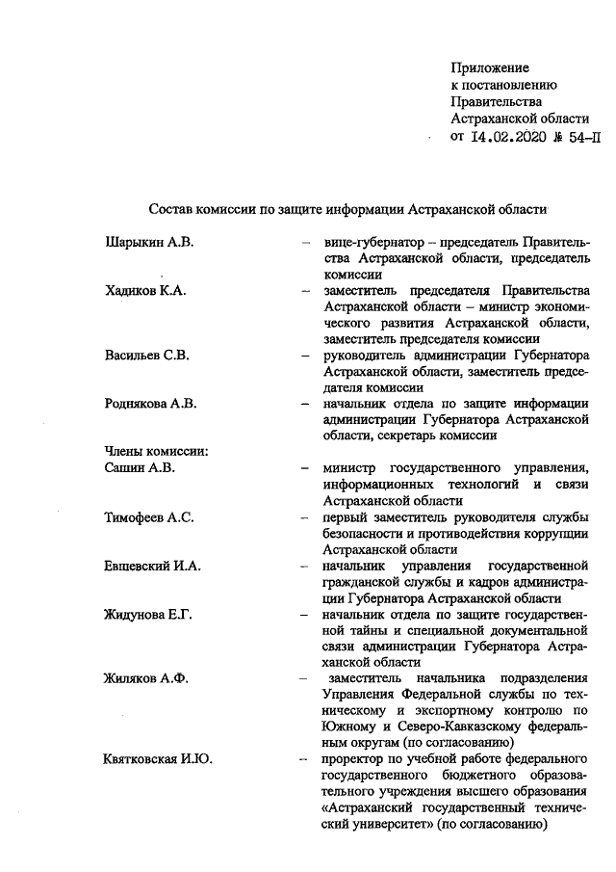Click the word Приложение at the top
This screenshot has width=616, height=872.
490,67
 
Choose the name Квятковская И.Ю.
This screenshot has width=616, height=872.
158,760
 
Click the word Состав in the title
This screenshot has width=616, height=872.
170,208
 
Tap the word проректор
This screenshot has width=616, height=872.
354,760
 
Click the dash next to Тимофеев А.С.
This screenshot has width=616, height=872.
305,517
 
